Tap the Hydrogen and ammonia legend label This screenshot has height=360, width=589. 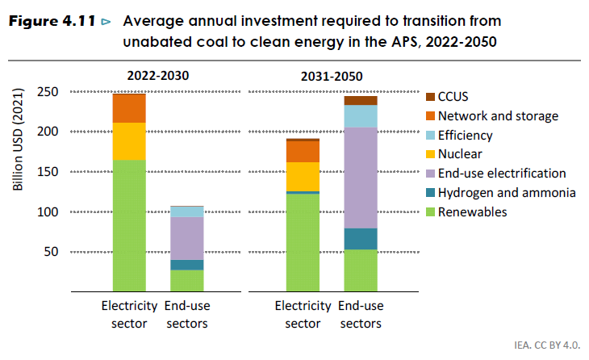pos(507,193)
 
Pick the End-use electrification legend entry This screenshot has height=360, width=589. pos(502,174)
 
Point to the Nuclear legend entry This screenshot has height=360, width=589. pos(460,154)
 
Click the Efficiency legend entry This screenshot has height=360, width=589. pos(465,136)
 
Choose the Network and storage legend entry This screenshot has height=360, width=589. pos(498,116)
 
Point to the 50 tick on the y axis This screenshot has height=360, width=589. pos(50,252)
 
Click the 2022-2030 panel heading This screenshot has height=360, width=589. pos(158,77)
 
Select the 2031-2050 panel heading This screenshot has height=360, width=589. pos(332,77)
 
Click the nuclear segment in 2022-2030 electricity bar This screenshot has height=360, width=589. pos(129,141)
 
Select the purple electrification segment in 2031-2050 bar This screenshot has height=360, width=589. pos(361,178)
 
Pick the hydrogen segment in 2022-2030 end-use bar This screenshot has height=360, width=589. pos(187,265)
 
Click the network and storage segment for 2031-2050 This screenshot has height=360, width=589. pos(303,152)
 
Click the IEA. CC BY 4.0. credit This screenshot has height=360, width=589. pos(547,345)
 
